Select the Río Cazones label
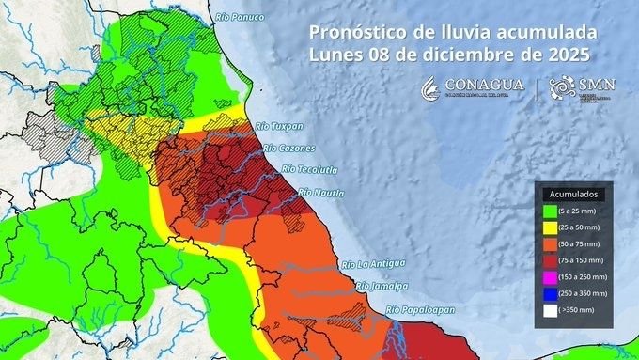pyautogui.click(x=289, y=149)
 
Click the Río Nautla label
pyautogui.click(x=320, y=193)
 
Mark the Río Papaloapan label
pyautogui.click(x=419, y=308)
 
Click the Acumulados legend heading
pyautogui.click(x=574, y=193)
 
